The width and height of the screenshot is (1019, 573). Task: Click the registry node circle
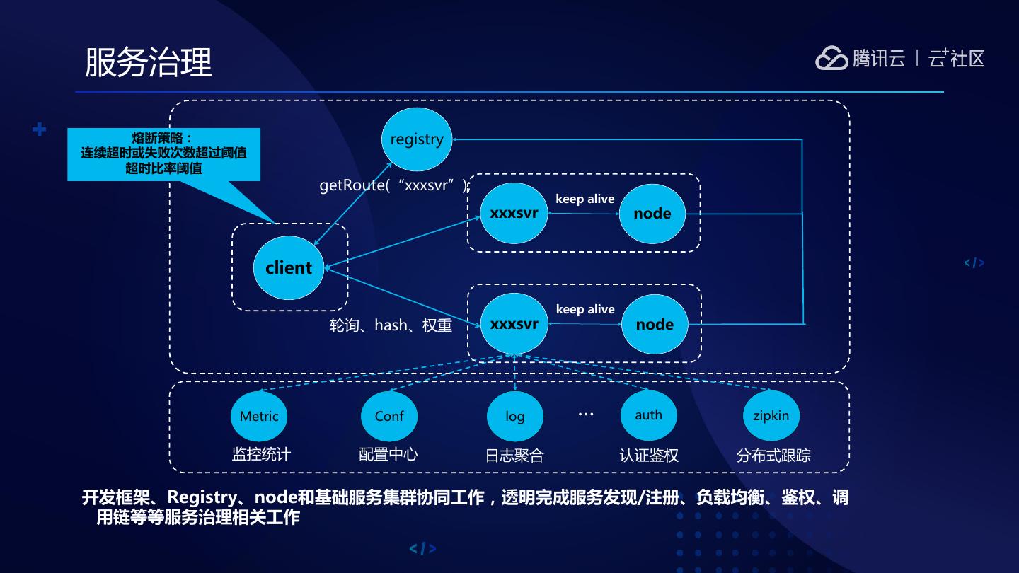pyautogui.click(x=417, y=139)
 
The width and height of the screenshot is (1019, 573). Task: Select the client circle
pyautogui.click(x=289, y=268)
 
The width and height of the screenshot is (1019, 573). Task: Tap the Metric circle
pyautogui.click(x=259, y=416)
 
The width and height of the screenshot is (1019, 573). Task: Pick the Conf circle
pyautogui.click(x=389, y=416)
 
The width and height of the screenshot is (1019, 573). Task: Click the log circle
pyautogui.click(x=515, y=416)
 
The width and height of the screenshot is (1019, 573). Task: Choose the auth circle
pyautogui.click(x=648, y=415)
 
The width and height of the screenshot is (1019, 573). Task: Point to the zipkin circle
pyautogui.click(x=771, y=415)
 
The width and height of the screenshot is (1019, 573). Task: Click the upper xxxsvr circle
pyautogui.click(x=514, y=213)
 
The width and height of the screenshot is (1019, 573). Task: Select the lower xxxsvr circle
pyautogui.click(x=514, y=324)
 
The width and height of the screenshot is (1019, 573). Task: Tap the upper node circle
pyautogui.click(x=652, y=213)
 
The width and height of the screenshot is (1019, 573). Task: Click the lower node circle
pyautogui.click(x=655, y=325)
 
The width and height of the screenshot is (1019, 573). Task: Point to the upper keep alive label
pyautogui.click(x=585, y=199)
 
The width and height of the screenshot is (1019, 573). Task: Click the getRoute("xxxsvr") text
pyautogui.click(x=394, y=185)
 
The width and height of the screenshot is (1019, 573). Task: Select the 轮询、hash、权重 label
pyautogui.click(x=391, y=325)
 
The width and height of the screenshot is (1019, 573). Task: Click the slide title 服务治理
pyautogui.click(x=149, y=62)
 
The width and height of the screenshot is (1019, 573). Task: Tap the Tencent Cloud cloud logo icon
pyautogui.click(x=831, y=58)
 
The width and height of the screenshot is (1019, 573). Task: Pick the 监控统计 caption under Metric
pyautogui.click(x=261, y=454)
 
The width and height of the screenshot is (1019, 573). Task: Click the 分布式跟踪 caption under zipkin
pyautogui.click(x=773, y=455)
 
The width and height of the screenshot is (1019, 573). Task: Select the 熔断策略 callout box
pyautogui.click(x=163, y=154)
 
